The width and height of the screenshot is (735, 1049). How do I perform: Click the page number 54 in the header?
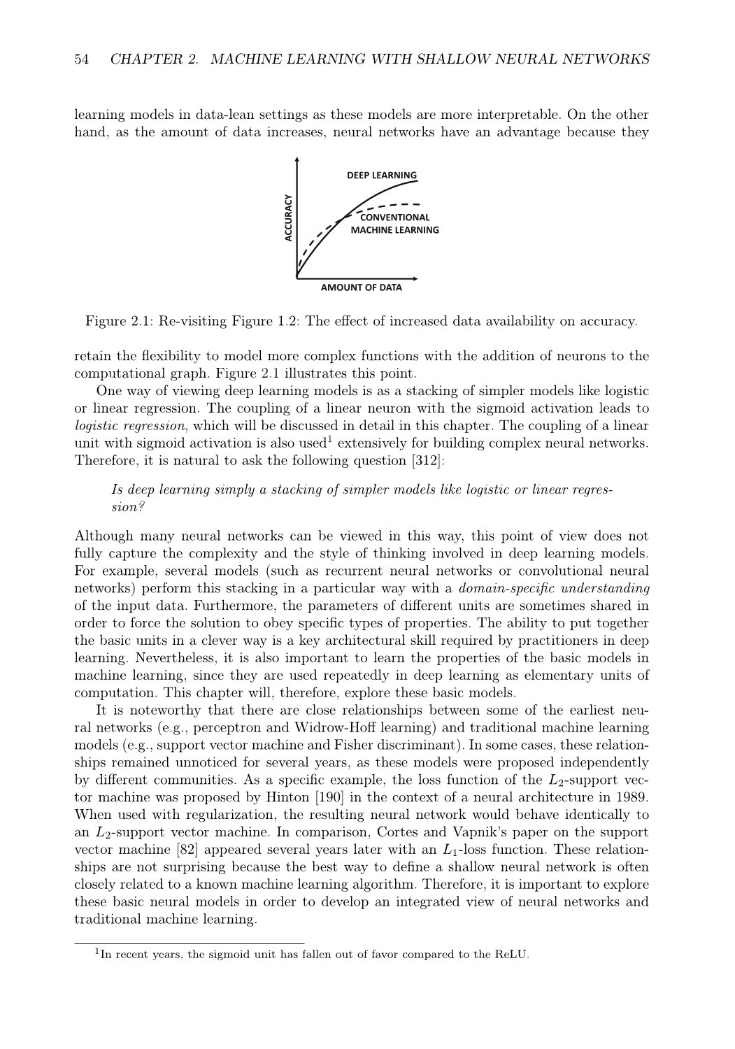81,59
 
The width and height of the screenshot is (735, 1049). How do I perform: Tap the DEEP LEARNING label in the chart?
381,175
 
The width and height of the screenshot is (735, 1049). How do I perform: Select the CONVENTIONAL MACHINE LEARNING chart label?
394,223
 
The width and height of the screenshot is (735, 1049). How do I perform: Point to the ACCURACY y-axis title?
287,218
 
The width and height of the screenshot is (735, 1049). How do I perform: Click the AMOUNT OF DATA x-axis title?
361,287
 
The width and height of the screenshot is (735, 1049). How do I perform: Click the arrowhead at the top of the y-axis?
298,160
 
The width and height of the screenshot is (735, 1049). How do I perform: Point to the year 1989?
632,797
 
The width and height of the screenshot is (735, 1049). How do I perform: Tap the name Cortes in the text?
398,832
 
